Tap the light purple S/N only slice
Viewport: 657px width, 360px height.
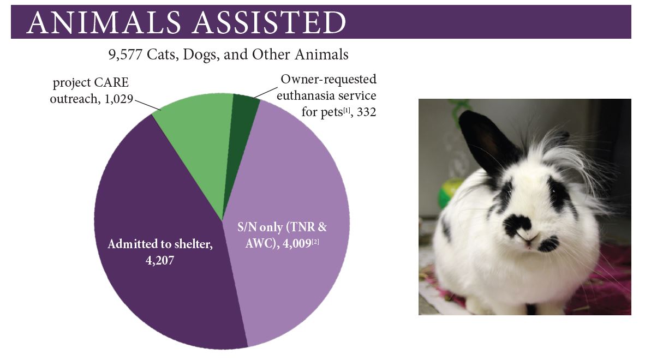[x=295, y=185]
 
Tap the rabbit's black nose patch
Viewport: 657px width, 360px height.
[x=519, y=224]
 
